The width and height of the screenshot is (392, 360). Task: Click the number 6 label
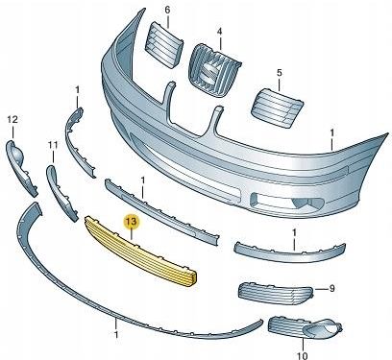tap(168, 10)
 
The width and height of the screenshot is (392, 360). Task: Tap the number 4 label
tap(219, 32)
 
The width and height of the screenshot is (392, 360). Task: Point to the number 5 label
tap(280, 73)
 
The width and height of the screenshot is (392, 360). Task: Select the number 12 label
tap(12, 120)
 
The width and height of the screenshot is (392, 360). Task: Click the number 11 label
tap(53, 145)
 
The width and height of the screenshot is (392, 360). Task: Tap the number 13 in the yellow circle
tap(132, 222)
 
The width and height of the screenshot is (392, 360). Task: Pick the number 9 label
tap(331, 288)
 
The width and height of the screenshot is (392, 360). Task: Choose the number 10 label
tap(303, 355)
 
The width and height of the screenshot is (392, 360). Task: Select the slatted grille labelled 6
tap(163, 45)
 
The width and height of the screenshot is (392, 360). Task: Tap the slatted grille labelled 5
tap(277, 108)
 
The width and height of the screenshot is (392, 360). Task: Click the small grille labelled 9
tap(275, 294)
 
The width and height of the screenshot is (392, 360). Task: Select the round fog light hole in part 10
tap(330, 326)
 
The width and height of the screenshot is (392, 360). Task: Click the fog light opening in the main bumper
tap(287, 203)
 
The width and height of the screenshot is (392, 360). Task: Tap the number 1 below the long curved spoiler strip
tap(116, 335)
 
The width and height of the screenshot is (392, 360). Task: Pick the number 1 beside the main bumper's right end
tap(332, 132)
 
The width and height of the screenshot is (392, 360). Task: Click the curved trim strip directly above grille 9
tap(289, 252)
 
